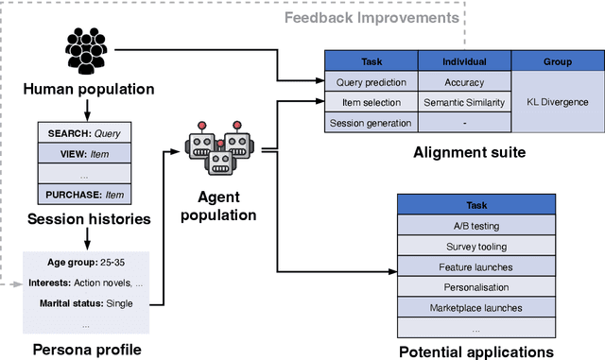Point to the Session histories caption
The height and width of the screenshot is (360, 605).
88,220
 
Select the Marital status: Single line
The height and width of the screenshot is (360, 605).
85,303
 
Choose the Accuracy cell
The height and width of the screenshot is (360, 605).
463,82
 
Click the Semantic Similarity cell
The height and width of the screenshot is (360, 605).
463,102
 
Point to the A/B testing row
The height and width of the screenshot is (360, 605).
475,225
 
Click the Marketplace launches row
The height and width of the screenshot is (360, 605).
475,306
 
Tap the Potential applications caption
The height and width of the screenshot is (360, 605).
475,351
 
